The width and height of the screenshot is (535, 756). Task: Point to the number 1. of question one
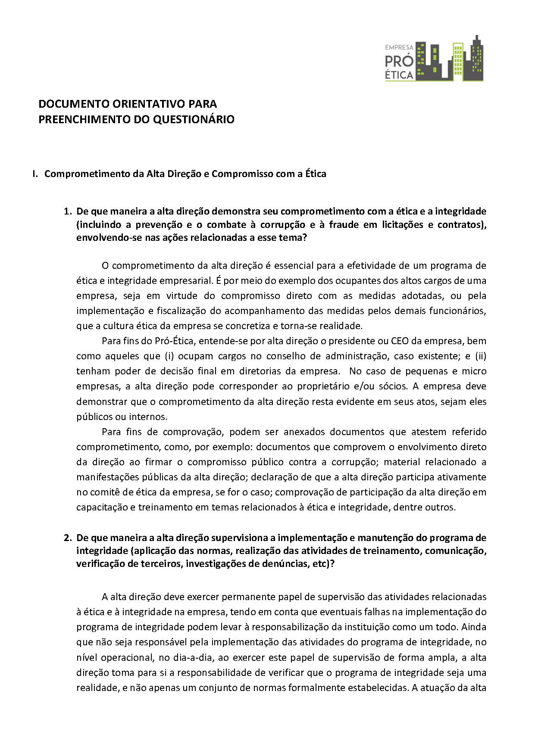coord(67,212)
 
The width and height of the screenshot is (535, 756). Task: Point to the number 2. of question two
coord(67,538)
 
